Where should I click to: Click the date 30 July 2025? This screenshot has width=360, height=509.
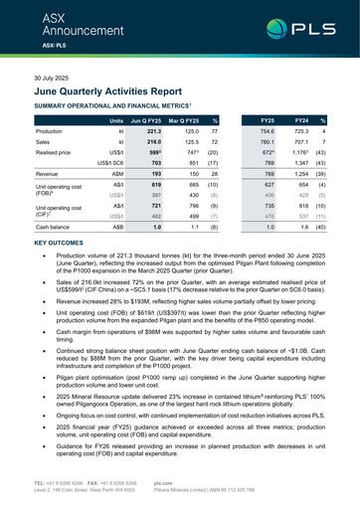(55, 77)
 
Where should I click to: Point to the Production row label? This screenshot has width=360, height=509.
(50, 131)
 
